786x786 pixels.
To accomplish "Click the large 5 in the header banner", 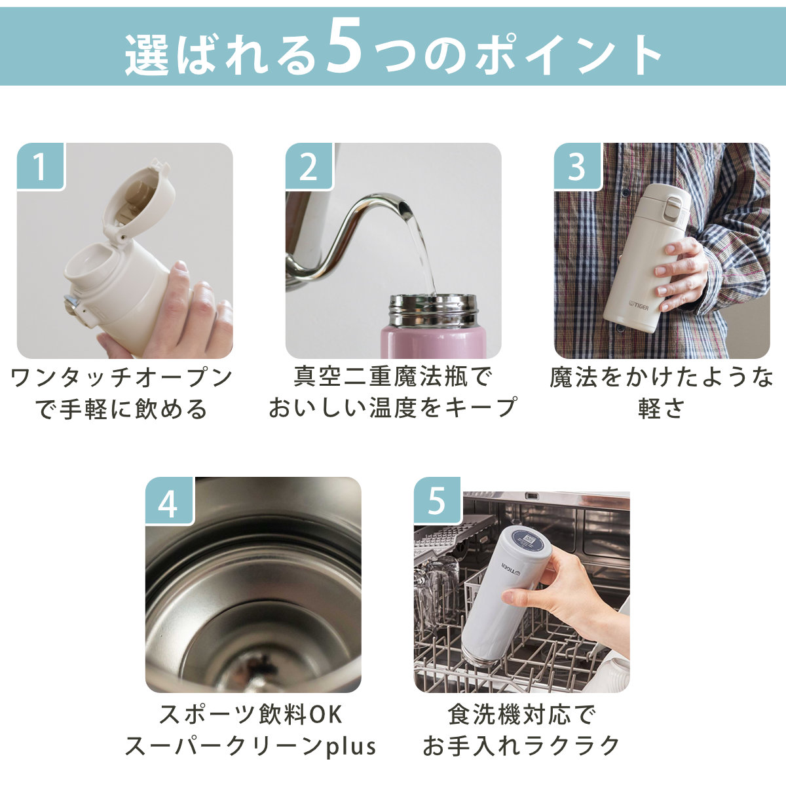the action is click(x=344, y=47).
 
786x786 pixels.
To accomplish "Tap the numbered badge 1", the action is click(x=41, y=166).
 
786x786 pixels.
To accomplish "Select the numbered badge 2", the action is click(x=309, y=166).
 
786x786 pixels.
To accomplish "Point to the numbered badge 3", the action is click(x=578, y=166).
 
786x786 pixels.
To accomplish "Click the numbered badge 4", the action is click(x=169, y=501).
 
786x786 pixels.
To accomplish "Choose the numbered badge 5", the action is click(x=438, y=501).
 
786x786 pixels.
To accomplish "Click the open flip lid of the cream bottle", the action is click(x=139, y=200).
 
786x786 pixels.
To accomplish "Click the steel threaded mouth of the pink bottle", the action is click(x=433, y=310).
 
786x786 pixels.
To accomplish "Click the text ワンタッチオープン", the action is click(x=121, y=378).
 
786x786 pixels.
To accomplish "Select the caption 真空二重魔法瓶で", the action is click(x=392, y=377).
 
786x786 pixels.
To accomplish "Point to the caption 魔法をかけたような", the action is click(x=661, y=377).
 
